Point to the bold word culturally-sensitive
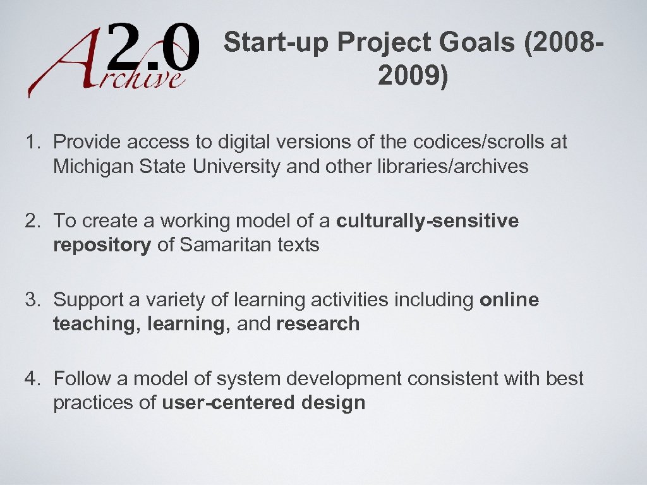point(428,221)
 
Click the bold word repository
point(102,245)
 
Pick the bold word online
point(509,300)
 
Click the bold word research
point(318,324)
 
